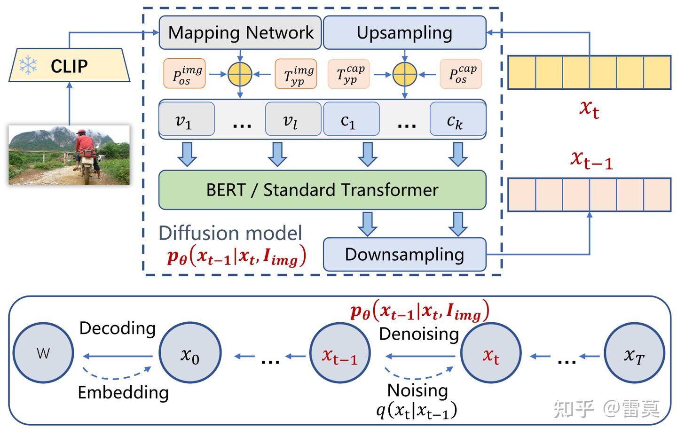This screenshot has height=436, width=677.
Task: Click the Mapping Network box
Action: (240, 32)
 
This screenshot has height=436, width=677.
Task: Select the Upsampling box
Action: (404, 32)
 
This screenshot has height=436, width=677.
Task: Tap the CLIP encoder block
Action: (69, 65)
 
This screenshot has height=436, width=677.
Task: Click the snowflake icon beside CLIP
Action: (28, 65)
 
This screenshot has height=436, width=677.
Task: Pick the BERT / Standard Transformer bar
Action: (322, 190)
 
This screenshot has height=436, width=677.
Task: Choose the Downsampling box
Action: (404, 254)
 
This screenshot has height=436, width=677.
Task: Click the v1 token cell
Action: (187, 119)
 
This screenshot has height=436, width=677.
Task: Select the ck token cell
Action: (457, 119)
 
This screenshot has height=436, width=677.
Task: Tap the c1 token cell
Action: (351, 119)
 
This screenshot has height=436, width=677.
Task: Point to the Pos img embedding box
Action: (184, 74)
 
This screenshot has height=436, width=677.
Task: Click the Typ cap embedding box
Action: (348, 74)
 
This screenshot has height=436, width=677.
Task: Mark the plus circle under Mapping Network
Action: (240, 74)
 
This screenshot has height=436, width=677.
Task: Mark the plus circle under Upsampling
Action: (405, 74)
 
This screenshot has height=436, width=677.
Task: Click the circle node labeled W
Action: (43, 353)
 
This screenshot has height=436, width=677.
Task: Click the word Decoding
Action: (118, 328)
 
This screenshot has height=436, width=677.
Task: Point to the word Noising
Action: (417, 390)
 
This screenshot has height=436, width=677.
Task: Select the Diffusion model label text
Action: (230, 233)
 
